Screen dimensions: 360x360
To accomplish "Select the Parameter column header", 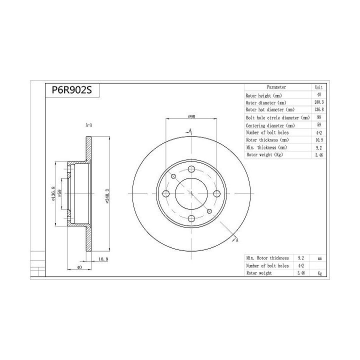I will click(x=276, y=87).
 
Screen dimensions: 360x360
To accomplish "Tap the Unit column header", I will click(x=318, y=87).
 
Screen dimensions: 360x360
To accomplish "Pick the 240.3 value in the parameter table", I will click(x=318, y=102).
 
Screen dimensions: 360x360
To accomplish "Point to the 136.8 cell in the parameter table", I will click(x=318, y=109).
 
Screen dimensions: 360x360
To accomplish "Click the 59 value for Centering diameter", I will click(x=318, y=125).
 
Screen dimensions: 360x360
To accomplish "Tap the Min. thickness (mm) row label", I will click(x=266, y=147).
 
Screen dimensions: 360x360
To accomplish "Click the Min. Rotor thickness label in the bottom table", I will click(x=267, y=258).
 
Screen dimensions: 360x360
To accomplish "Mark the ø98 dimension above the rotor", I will click(x=191, y=116).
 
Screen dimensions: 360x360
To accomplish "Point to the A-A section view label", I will click(x=88, y=125).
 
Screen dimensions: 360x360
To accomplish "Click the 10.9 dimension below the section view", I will click(x=103, y=258).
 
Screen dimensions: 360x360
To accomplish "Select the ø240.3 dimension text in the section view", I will click(x=106, y=196).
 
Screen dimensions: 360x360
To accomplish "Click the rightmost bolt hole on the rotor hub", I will click(x=216, y=194).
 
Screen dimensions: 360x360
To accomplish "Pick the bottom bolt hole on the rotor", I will click(x=191, y=218).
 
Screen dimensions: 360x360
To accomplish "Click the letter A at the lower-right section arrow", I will click(x=236, y=240).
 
